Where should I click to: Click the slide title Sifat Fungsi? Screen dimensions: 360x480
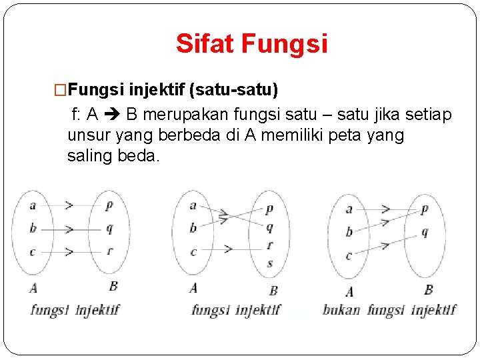click(251, 44)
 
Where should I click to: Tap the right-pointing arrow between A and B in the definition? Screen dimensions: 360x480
click(110, 115)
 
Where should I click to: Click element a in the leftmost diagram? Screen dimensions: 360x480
click(33, 205)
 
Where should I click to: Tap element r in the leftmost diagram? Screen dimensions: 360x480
click(109, 251)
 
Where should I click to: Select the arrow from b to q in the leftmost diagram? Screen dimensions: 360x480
click(70, 229)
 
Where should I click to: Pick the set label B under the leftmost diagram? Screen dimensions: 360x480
click(113, 286)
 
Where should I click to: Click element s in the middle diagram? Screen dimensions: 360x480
click(269, 263)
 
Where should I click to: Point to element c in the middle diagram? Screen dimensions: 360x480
click(193, 251)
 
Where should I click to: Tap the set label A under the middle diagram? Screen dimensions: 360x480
click(193, 288)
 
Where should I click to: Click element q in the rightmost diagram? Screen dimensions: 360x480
click(425, 233)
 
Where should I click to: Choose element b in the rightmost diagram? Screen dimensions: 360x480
click(349, 232)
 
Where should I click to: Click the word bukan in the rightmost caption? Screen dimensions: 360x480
click(341, 310)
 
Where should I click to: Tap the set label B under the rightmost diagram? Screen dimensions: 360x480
click(428, 289)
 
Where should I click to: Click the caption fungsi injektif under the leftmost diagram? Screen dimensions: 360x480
click(75, 309)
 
